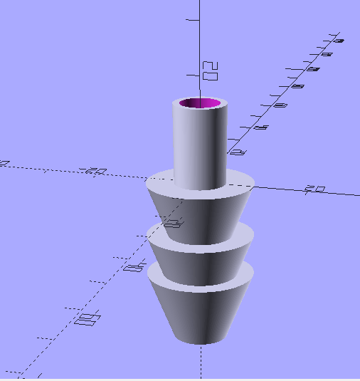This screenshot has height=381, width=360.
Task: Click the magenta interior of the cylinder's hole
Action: tap(200, 104)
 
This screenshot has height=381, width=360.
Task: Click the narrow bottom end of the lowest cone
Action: tap(201, 341)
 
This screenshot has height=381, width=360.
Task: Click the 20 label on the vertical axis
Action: tap(210, 70)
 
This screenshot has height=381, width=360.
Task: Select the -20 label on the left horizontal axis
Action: tap(95, 172)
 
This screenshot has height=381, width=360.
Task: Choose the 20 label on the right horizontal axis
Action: tap(314, 189)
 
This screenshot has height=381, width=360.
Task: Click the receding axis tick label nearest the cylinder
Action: tap(237, 152)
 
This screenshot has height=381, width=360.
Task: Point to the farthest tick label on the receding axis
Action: tap(337, 40)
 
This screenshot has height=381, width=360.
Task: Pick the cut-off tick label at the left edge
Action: tap(4, 163)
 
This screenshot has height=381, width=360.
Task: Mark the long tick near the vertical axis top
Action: tap(192, 21)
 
